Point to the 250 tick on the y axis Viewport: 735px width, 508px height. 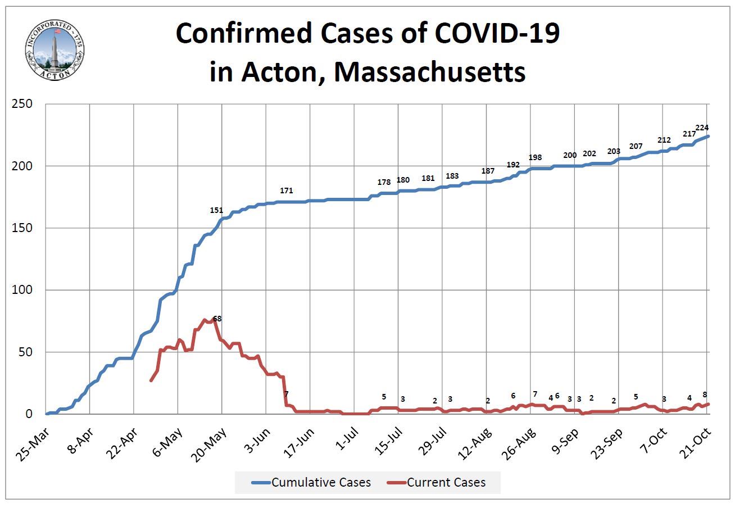[x=24, y=105]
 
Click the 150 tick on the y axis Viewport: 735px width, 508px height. [x=24, y=228]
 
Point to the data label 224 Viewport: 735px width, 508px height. [x=702, y=128]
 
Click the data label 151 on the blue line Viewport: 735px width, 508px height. [x=216, y=210]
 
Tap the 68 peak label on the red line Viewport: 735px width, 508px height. [x=217, y=319]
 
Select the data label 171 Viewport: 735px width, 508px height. [x=287, y=191]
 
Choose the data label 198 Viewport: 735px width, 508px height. [x=536, y=157]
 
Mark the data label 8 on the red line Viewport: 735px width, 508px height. [x=705, y=394]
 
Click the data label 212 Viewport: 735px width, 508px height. [x=664, y=140]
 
